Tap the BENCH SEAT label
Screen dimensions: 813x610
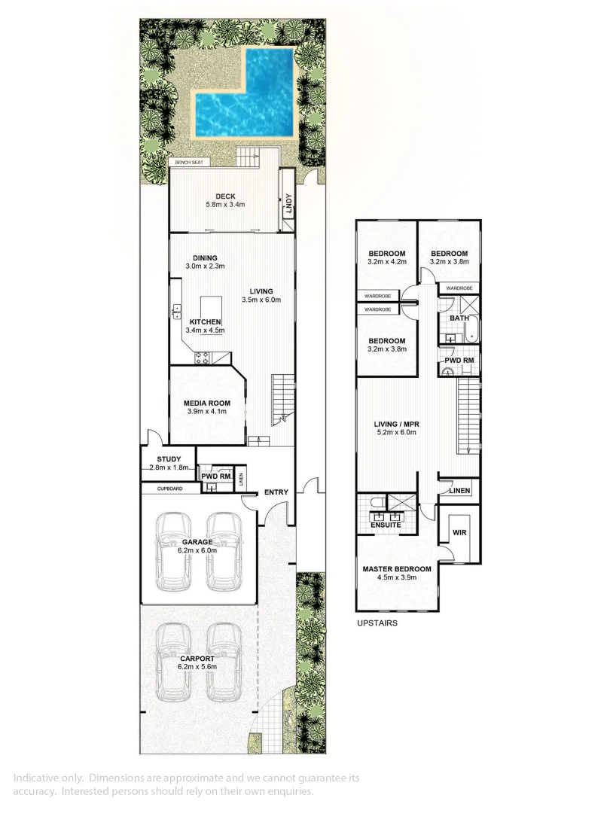[189, 162]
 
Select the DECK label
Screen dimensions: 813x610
[226, 197]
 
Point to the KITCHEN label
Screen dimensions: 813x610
[205, 322]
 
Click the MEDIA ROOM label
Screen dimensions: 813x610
[207, 403]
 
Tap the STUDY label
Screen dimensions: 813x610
[169, 459]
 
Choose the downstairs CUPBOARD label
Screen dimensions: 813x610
[170, 489]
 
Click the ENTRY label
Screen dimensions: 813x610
[276, 493]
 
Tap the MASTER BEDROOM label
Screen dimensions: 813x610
[397, 569]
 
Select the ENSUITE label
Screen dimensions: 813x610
[386, 525]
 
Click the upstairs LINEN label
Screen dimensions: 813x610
[459, 491]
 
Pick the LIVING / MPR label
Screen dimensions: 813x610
[397, 425]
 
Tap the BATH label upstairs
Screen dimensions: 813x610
[459, 318]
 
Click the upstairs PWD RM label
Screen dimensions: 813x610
[459, 361]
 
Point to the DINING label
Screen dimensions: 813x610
[204, 258]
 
